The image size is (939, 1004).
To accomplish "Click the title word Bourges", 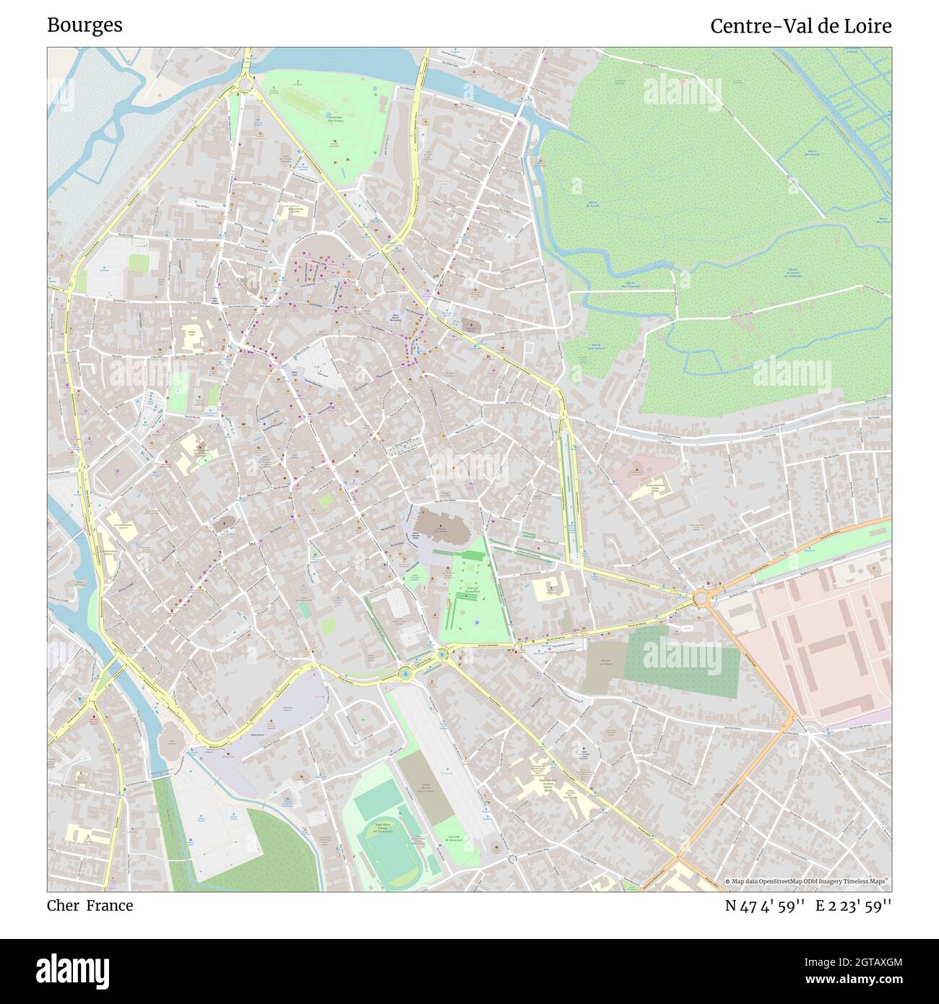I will pyautogui.click(x=85, y=25).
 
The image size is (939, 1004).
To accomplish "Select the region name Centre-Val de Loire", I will pyautogui.click(x=800, y=26).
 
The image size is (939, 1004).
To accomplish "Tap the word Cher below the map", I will pyautogui.click(x=64, y=906).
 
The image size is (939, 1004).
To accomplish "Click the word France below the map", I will pyautogui.click(x=110, y=906).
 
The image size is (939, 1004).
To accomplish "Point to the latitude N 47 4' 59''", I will pyautogui.click(x=766, y=906).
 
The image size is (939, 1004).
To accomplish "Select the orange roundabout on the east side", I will pyautogui.click(x=700, y=598).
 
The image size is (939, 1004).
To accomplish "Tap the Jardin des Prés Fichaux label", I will pyautogui.click(x=334, y=119).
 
